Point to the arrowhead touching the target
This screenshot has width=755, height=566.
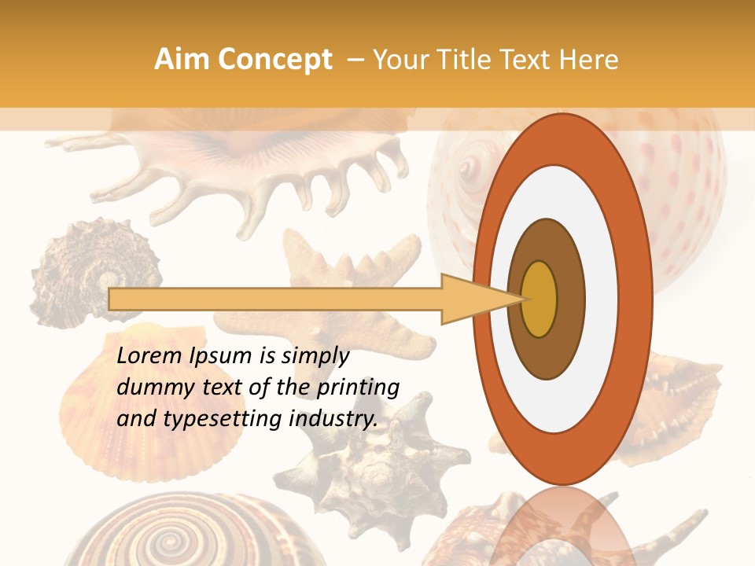480,299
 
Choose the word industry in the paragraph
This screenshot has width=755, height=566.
333,419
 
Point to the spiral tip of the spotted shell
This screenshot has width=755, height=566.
470,167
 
